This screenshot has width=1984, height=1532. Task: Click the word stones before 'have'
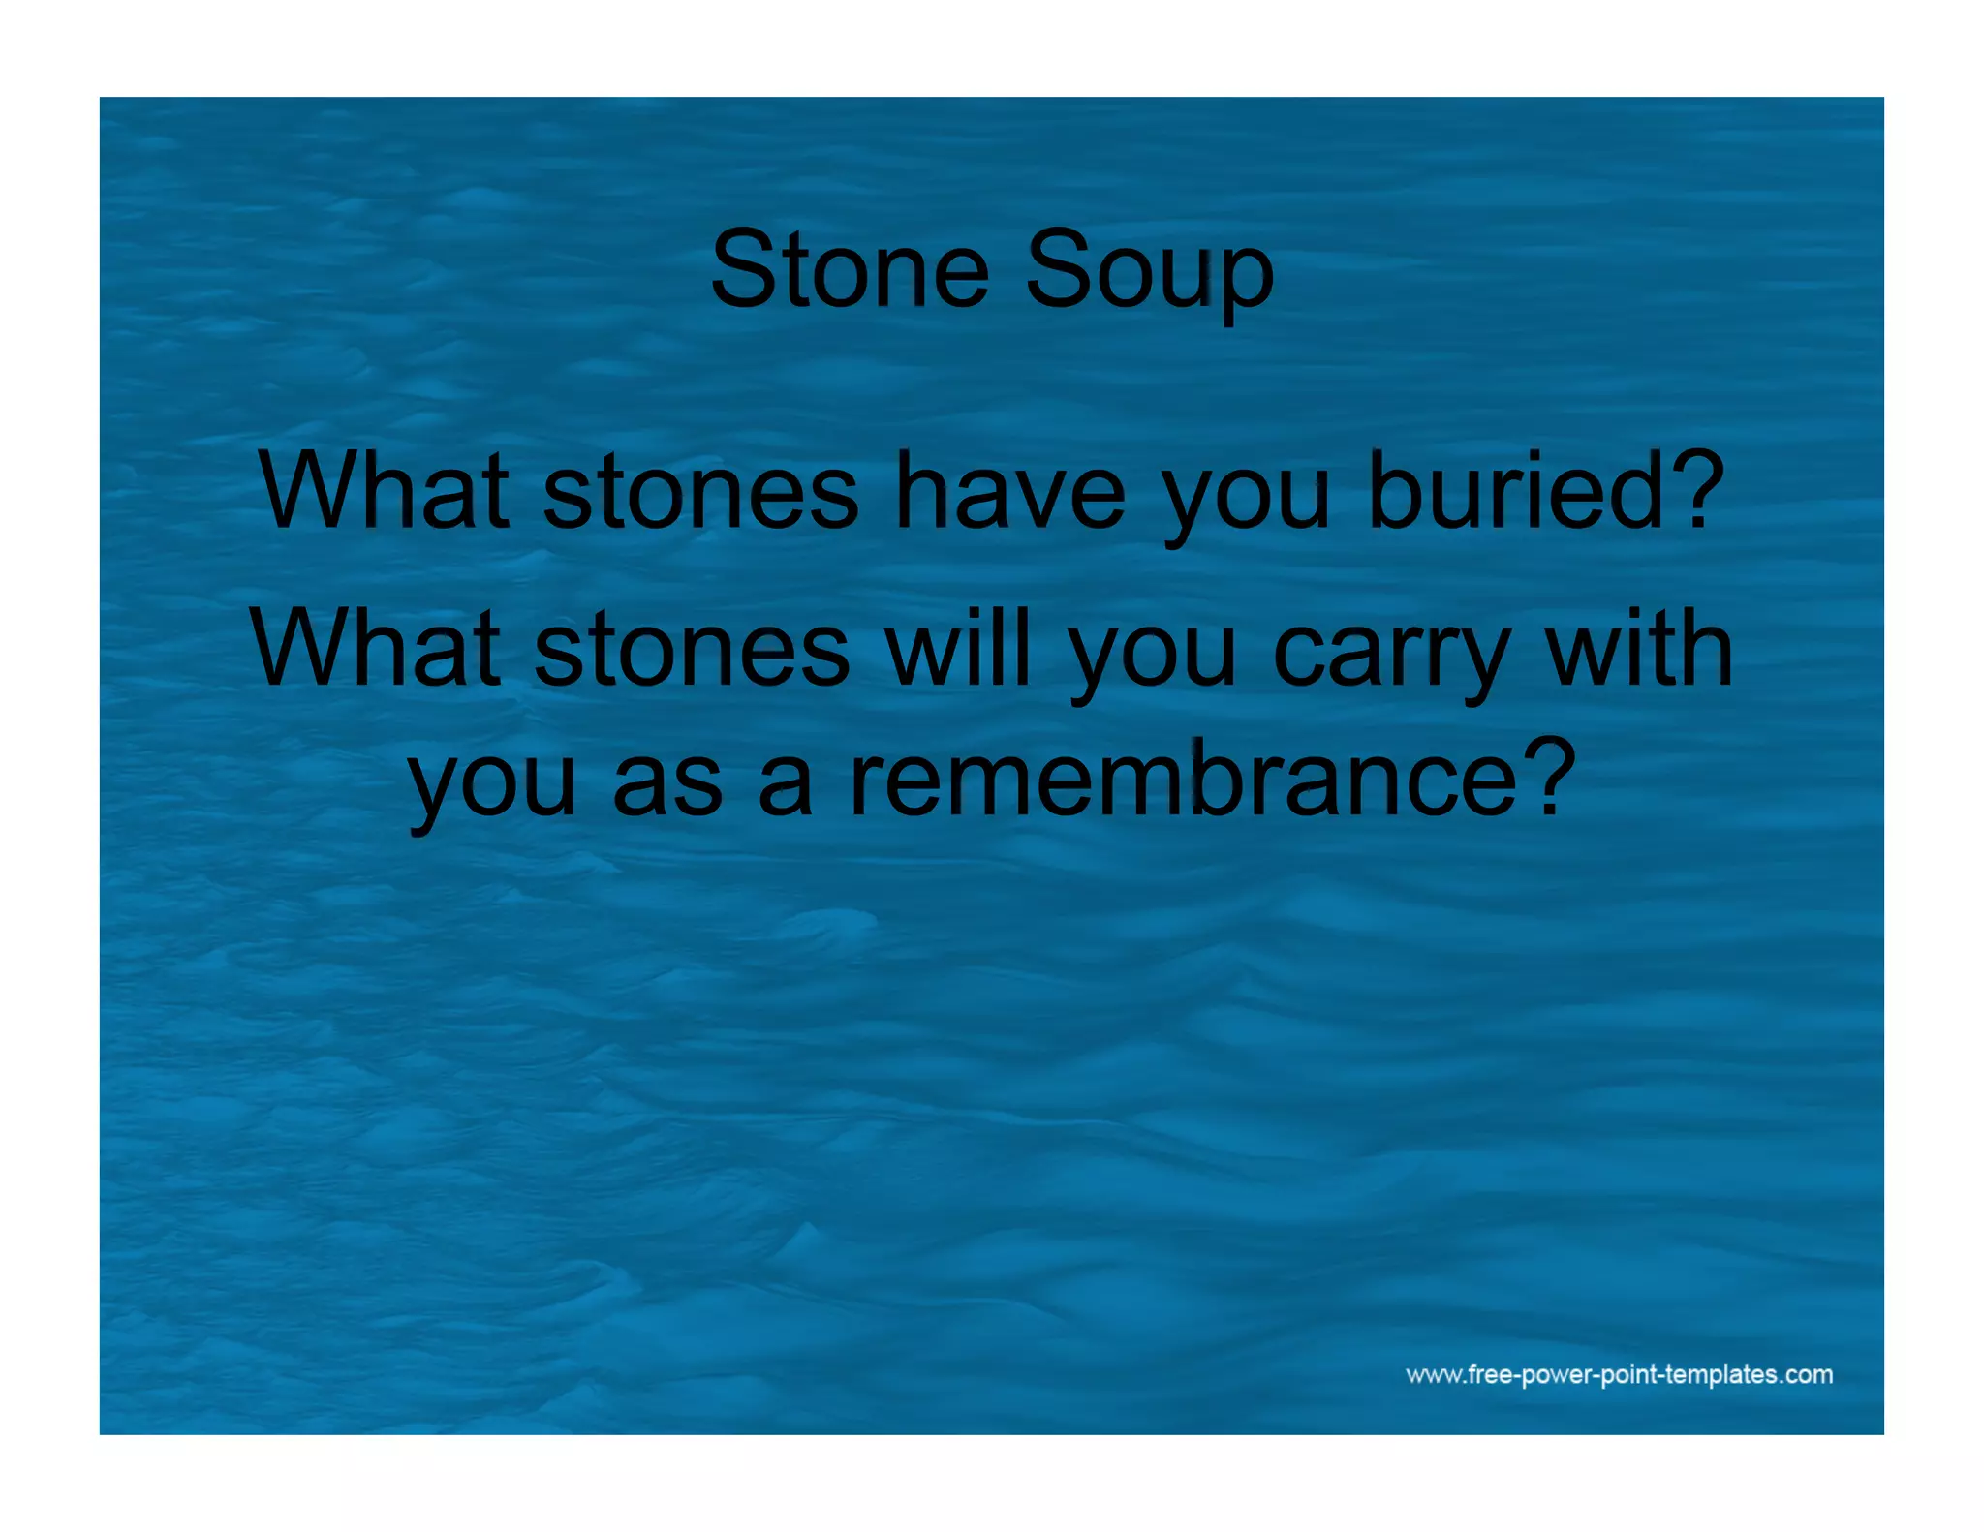point(700,492)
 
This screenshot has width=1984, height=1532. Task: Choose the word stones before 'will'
point(692,649)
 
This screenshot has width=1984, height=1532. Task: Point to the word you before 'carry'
point(1153,657)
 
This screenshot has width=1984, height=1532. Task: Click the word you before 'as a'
point(492,786)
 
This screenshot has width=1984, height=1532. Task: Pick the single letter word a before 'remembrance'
point(785,784)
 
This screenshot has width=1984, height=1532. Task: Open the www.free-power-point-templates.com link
point(1619,1374)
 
